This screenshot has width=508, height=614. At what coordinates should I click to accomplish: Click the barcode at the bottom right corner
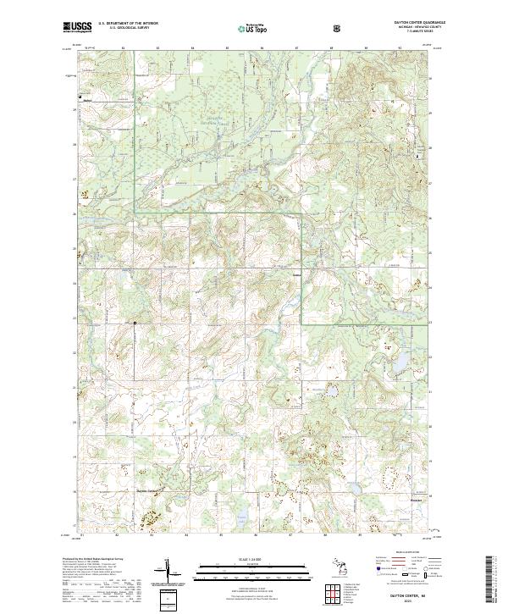[490, 580]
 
